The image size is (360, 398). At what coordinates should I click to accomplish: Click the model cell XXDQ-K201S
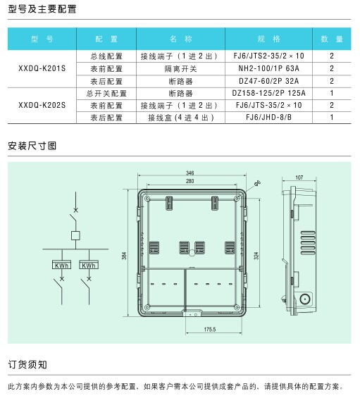tap(42, 68)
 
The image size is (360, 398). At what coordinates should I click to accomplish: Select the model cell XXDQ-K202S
tap(42, 105)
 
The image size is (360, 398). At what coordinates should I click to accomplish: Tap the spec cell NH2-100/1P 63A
tap(268, 68)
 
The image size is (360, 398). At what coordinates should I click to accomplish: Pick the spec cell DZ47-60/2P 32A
tap(268, 81)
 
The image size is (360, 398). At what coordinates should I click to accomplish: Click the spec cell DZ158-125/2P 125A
tap(268, 93)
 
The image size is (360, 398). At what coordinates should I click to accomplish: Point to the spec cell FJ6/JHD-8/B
tap(268, 117)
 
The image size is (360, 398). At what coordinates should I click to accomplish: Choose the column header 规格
tap(268, 39)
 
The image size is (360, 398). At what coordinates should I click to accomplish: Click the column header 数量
tap(332, 39)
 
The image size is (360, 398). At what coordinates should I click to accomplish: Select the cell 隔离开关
tap(180, 69)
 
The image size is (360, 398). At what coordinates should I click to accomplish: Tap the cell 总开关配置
tap(106, 94)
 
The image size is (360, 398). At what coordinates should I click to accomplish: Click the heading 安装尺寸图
tap(32, 146)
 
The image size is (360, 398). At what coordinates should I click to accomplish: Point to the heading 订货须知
tap(27, 364)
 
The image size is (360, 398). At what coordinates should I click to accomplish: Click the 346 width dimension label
tap(190, 173)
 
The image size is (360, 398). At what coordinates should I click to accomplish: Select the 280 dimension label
tap(190, 181)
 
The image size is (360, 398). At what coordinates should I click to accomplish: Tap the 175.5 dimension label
tap(210, 330)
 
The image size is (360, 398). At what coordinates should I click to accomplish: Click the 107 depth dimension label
tap(299, 178)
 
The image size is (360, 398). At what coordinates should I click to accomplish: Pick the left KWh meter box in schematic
tap(61, 265)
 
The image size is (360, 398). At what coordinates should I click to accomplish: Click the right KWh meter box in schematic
tap(89, 265)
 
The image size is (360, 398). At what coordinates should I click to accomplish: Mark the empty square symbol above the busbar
tap(75, 235)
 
